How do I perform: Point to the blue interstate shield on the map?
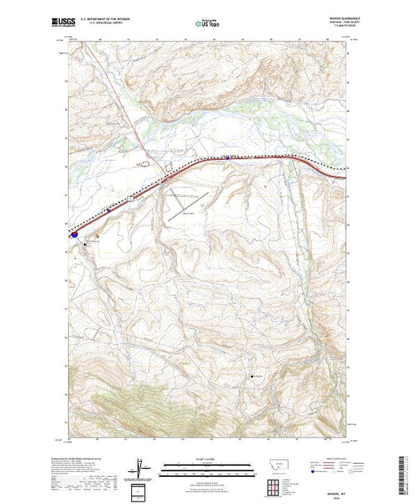74,235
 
